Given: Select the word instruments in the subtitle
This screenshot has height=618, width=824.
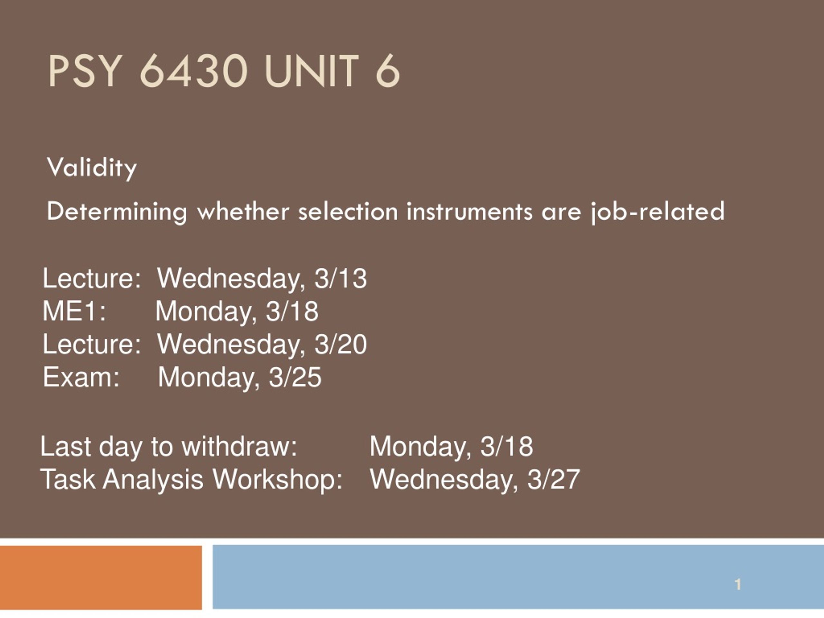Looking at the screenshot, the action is coord(469,211).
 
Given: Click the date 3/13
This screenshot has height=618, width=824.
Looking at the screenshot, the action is coord(341,278).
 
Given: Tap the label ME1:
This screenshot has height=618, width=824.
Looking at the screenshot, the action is coord(74,311).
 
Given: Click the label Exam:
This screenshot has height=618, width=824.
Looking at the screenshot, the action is coord(81,377).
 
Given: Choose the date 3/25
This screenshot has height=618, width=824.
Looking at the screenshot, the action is coord(295,377).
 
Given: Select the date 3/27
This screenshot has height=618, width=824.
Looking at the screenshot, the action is coord(554,479).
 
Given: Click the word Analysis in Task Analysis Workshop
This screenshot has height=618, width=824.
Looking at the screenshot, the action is coord(153,479).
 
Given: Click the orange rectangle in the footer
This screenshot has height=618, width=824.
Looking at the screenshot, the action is coord(101,577).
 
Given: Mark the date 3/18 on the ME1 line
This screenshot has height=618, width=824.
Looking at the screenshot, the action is coord(292,311).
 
